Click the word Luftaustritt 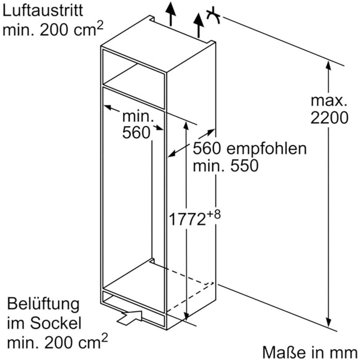pos(43,11)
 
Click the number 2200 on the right pos(329,118)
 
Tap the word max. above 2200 pos(329,101)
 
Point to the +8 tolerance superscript pos(213,214)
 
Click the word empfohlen pos(266,149)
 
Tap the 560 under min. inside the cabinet pos(136,132)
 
